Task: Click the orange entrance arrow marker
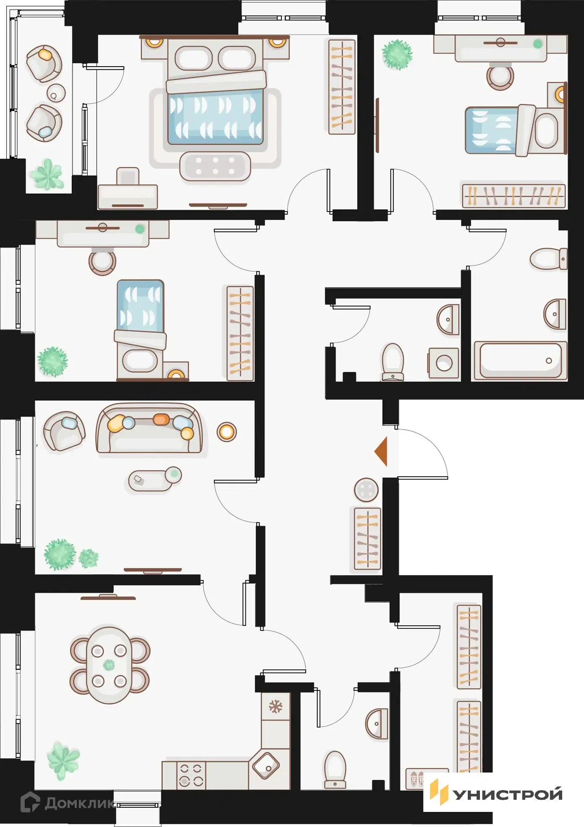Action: [x=381, y=451]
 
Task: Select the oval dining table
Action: [x=109, y=665]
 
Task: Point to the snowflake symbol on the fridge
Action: [x=276, y=707]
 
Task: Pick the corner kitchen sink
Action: [x=266, y=765]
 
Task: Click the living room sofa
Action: [x=149, y=428]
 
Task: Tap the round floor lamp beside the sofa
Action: [x=227, y=432]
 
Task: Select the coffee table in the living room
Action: [x=155, y=479]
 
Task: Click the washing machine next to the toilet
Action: [x=443, y=363]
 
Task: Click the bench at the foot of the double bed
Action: [x=215, y=166]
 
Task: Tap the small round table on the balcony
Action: [x=56, y=93]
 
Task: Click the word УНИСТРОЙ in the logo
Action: [x=508, y=794]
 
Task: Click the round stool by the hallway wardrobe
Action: [x=366, y=490]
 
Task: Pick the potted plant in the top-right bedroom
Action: [x=397, y=54]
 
